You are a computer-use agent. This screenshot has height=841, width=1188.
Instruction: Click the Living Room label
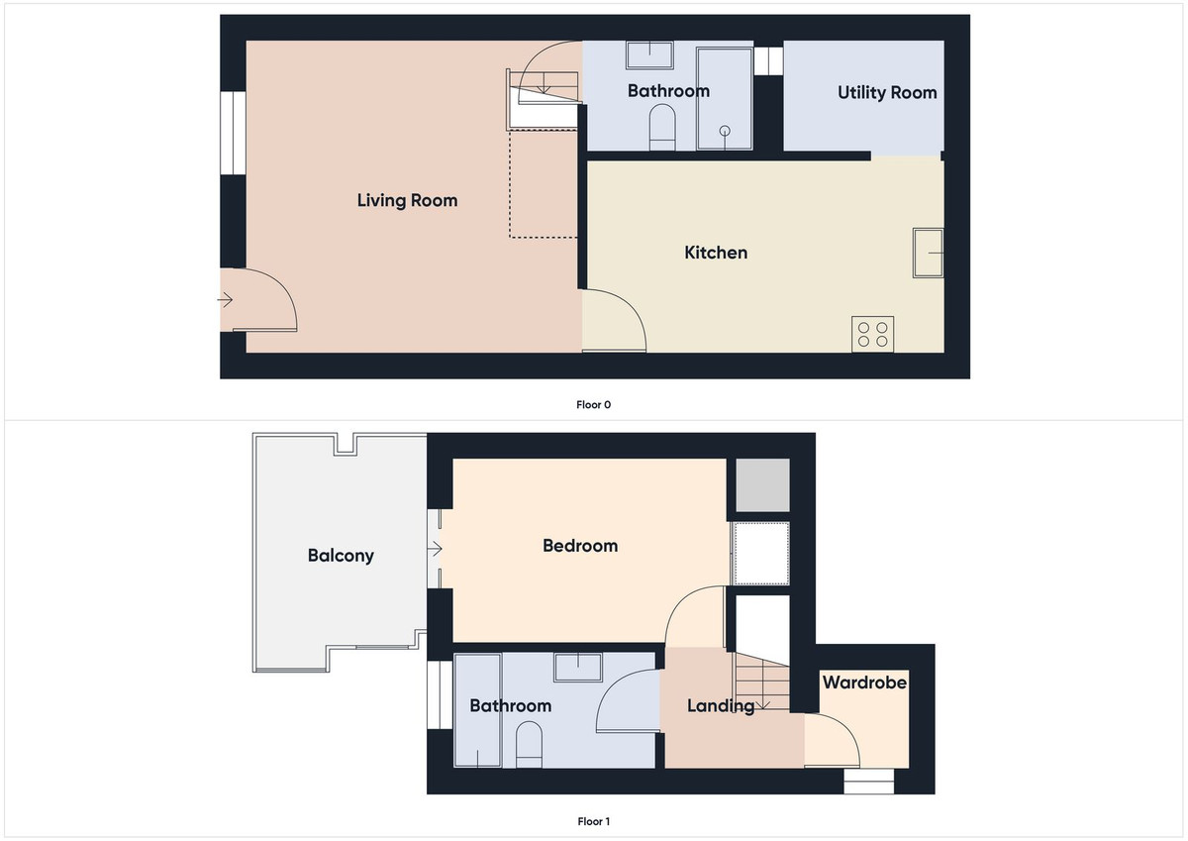(407, 201)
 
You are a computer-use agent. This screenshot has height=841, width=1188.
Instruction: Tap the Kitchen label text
(716, 253)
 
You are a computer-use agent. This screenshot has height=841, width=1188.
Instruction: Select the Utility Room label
(887, 92)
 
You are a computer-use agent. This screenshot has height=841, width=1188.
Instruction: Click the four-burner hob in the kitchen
(872, 333)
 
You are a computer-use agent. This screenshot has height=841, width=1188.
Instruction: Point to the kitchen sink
(928, 253)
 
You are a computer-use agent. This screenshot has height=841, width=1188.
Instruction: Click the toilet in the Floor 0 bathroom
(661, 129)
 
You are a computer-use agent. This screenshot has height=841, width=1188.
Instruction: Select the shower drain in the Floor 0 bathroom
(725, 130)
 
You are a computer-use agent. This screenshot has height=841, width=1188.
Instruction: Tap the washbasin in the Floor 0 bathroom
(648, 53)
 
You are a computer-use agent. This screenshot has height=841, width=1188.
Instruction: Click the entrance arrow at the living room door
(227, 299)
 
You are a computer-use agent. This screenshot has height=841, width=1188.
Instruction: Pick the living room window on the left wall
(233, 133)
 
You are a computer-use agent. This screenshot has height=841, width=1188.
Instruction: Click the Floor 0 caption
(594, 404)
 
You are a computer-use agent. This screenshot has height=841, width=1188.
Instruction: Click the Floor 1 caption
(594, 821)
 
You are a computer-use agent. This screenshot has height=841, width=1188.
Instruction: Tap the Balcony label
(341, 556)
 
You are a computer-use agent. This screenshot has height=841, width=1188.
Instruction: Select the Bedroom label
(580, 546)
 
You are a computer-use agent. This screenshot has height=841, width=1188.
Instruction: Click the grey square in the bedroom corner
(760, 484)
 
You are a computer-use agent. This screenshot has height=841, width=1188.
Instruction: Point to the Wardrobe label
(864, 683)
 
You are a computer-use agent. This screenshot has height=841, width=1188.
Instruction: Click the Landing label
(721, 706)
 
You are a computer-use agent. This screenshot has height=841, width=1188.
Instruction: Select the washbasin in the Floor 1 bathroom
(578, 667)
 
